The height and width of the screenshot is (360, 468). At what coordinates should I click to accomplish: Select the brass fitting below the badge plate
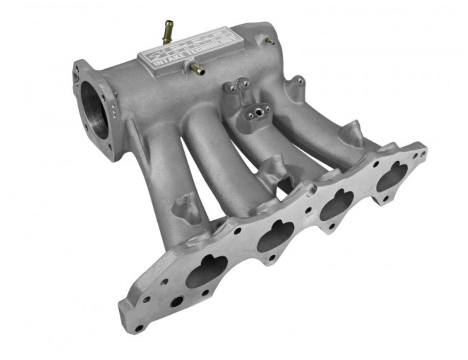point(197,70)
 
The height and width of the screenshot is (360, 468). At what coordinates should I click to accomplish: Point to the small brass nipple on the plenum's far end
point(270,41)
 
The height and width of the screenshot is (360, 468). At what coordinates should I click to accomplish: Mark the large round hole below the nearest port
point(177,301)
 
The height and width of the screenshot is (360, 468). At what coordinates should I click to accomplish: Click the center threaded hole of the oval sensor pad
point(258,113)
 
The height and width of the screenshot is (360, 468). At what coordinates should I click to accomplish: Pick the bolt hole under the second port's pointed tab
point(272,258)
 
